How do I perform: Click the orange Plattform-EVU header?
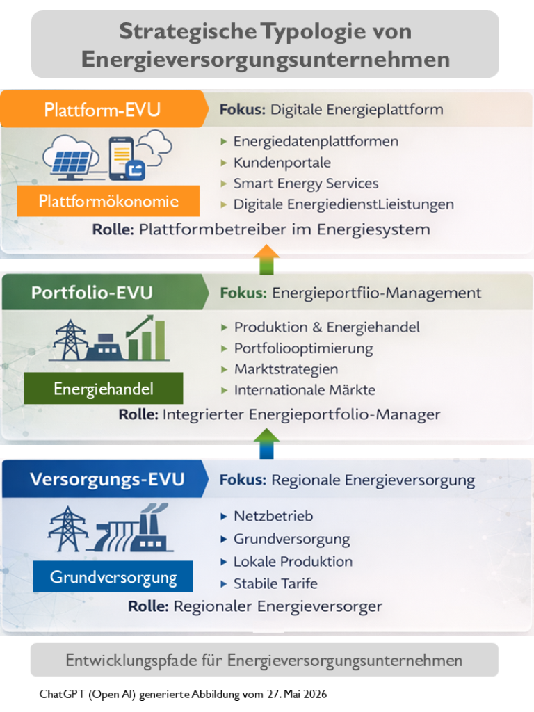pyautogui.click(x=102, y=109)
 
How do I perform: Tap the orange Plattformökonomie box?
pyautogui.click(x=108, y=201)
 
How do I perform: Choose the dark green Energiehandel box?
pyautogui.click(x=103, y=388)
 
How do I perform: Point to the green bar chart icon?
pyautogui.click(x=146, y=338)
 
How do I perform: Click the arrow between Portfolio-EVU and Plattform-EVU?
pyautogui.click(x=266, y=260)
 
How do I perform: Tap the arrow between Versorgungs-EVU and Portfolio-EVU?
pyautogui.click(x=266, y=444)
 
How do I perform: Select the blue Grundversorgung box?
pyautogui.click(x=113, y=576)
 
